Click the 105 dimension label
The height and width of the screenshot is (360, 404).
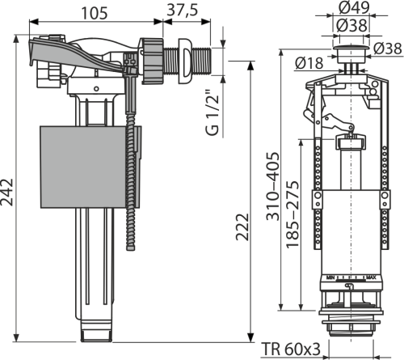[x=95, y=13]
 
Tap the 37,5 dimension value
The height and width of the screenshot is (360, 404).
[x=183, y=10]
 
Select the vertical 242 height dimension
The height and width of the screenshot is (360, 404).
[x=6, y=192]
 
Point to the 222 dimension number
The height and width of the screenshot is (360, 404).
[x=242, y=227]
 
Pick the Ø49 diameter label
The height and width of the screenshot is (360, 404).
[x=354, y=7]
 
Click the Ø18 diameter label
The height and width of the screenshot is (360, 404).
[x=309, y=63]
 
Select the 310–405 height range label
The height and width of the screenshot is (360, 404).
[x=272, y=186]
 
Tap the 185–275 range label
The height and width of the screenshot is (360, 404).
[x=292, y=214]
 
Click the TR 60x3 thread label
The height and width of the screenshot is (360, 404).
[x=291, y=349]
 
